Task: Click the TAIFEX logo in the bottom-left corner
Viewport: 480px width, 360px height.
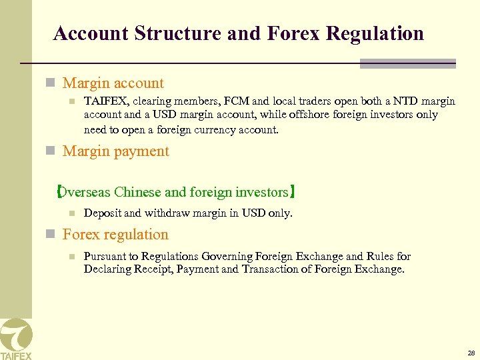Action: pos(15,339)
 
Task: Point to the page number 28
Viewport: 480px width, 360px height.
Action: pos(471,353)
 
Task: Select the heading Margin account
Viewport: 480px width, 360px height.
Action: pos(113,83)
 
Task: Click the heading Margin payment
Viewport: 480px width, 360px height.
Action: pos(115,151)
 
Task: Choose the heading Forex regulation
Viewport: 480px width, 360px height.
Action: pos(115,235)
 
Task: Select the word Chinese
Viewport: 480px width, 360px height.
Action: pos(138,193)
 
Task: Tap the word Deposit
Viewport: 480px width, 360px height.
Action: pos(103,213)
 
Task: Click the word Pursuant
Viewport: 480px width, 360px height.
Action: pos(105,257)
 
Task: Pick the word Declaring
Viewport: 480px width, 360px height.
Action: pos(107,269)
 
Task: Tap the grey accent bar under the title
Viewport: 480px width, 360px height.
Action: pos(407,63)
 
